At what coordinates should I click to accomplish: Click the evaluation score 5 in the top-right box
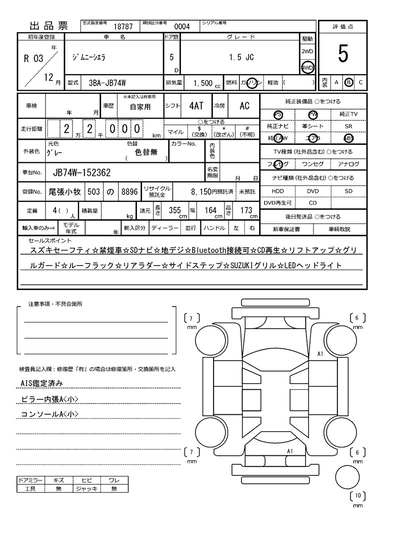point(342,54)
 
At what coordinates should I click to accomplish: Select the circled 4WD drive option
point(307,68)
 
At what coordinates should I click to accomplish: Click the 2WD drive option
point(307,52)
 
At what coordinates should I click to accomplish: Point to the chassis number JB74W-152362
point(81,173)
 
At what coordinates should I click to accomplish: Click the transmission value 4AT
point(196,106)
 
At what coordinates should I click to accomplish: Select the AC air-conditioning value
point(244,106)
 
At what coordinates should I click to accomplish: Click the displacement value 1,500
point(202,83)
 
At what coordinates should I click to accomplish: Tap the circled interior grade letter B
point(349,82)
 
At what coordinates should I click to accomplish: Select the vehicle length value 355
point(174,210)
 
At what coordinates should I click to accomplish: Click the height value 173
point(246,210)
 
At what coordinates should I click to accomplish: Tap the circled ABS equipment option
point(348,138)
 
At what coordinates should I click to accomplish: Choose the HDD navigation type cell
point(277,191)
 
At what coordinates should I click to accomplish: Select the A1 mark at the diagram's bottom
point(289,451)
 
